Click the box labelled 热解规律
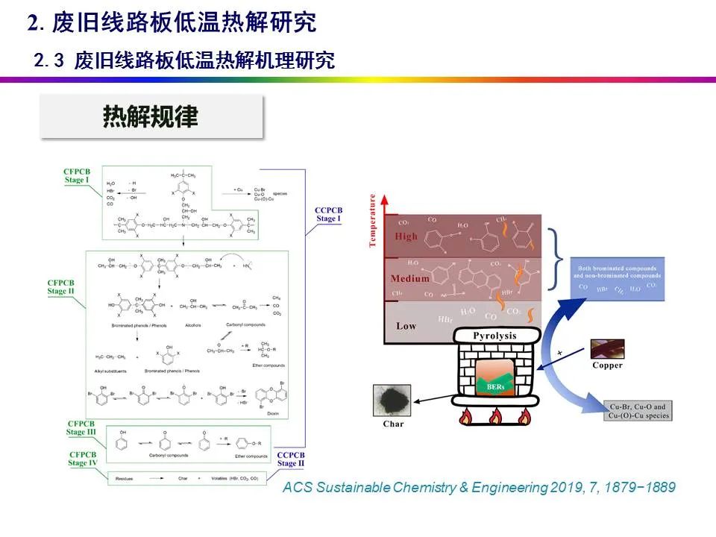pyautogui.click(x=151, y=117)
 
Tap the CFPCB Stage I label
pyautogui.click(x=78, y=176)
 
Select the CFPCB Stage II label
pyautogui.click(x=61, y=286)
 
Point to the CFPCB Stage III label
pyautogui.click(x=81, y=428)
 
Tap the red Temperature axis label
pyautogui.click(x=372, y=222)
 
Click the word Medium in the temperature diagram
pyautogui.click(x=410, y=278)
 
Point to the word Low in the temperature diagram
pyautogui.click(x=406, y=325)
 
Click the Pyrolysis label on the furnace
pyautogui.click(x=495, y=336)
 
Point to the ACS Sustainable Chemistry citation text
pyautogui.click(x=480, y=487)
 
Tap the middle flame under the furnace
pyautogui.click(x=496, y=416)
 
